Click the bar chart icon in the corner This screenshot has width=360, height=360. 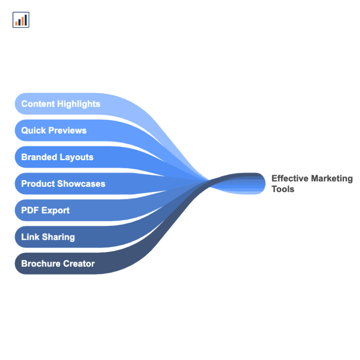pos(21,20)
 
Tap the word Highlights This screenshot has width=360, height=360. pos(79,104)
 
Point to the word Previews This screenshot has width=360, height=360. pos(67,130)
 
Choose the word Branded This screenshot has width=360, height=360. pos(39,157)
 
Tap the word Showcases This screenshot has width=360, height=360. pos(81,184)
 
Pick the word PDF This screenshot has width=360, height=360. pos(30,210)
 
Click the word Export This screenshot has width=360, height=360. pos(55,211)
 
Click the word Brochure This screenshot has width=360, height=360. pos(41,264)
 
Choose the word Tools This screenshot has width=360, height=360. pos(283,189)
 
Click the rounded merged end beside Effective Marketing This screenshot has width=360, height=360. pos(259,184)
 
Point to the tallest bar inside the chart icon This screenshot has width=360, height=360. pos(26,20)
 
